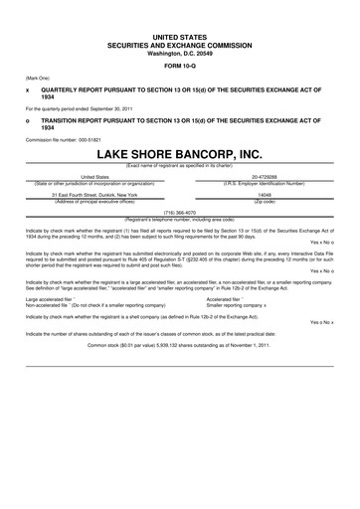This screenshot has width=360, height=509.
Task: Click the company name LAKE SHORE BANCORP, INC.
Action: (x=180, y=156)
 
